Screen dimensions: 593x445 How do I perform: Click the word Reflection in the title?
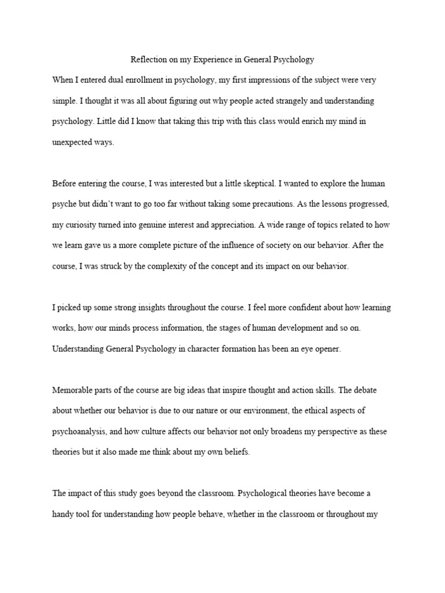click(x=148, y=59)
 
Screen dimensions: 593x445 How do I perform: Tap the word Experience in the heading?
click(x=220, y=59)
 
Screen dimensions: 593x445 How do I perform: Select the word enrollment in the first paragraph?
click(x=143, y=79)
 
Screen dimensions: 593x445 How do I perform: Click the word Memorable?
click(x=74, y=389)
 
